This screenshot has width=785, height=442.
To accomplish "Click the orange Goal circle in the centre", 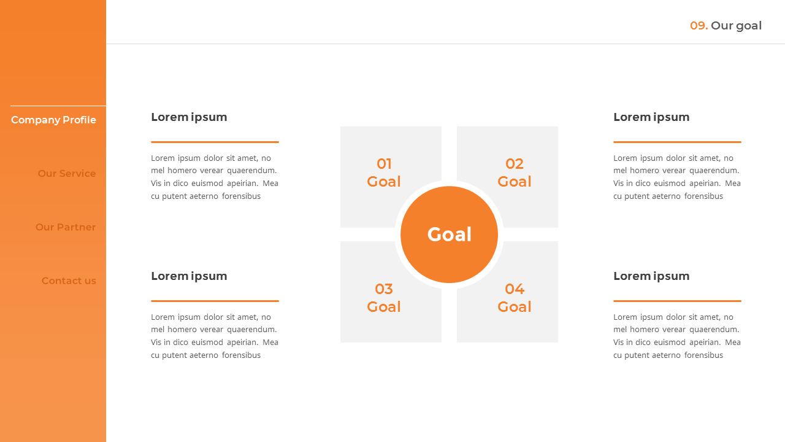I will pyautogui.click(x=449, y=235).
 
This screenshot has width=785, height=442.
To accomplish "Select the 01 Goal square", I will pyautogui.click(x=383, y=173).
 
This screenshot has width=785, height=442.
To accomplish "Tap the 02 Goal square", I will pyautogui.click(x=514, y=173).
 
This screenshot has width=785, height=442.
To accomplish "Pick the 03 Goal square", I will pyautogui.click(x=383, y=298).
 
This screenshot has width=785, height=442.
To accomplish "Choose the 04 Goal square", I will pyautogui.click(x=514, y=298).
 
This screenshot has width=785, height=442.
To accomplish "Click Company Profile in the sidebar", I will pyautogui.click(x=53, y=120).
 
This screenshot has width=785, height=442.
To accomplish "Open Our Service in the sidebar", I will pyautogui.click(x=67, y=174).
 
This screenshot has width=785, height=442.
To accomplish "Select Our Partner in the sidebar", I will pyautogui.click(x=66, y=227).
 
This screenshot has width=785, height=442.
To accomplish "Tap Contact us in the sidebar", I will pyautogui.click(x=69, y=281).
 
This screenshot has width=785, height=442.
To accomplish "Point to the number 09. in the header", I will pyautogui.click(x=699, y=26).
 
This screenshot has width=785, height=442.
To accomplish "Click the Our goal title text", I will pyautogui.click(x=736, y=26).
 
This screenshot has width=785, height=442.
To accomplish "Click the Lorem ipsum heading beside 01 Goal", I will pyautogui.click(x=189, y=117).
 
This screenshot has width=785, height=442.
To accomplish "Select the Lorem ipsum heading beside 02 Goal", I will pyautogui.click(x=651, y=117).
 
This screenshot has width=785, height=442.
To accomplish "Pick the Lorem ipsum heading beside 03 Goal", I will pyautogui.click(x=189, y=276).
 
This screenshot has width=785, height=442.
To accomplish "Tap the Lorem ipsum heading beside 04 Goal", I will pyautogui.click(x=651, y=276).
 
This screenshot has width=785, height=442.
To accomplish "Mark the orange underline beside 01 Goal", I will pyautogui.click(x=215, y=142).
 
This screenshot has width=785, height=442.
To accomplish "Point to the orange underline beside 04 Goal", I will pyautogui.click(x=677, y=301).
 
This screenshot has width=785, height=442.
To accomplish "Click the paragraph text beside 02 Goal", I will pyautogui.click(x=677, y=177).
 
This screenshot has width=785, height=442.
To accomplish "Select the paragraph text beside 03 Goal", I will pyautogui.click(x=215, y=336).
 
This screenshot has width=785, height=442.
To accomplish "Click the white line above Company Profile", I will pyautogui.click(x=58, y=106).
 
